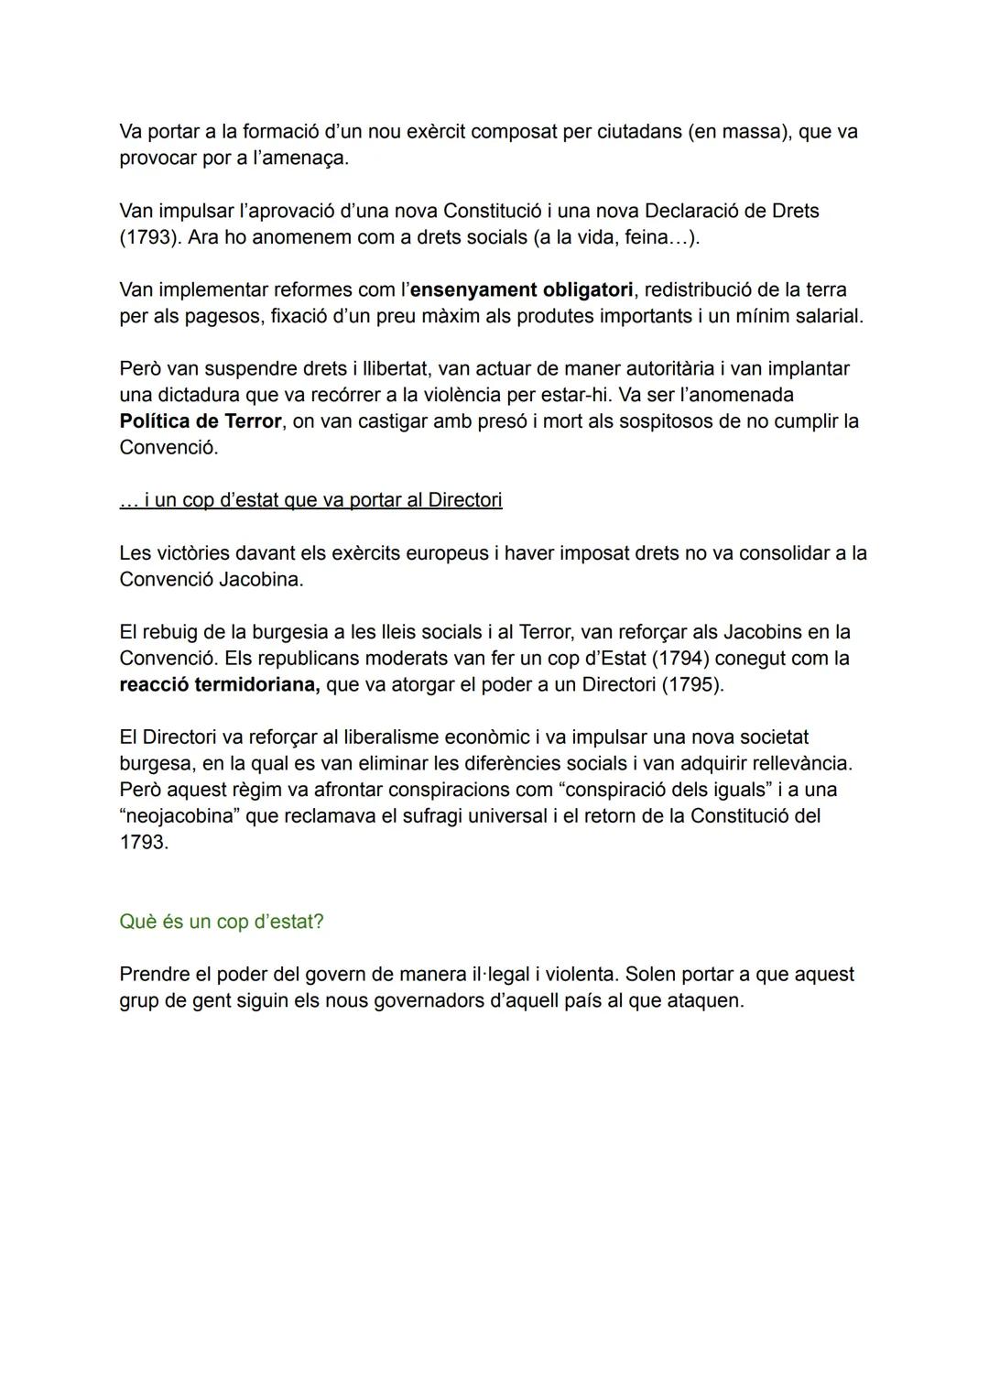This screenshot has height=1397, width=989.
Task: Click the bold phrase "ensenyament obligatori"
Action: click(x=521, y=289)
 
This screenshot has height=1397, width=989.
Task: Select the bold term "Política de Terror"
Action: click(x=200, y=421)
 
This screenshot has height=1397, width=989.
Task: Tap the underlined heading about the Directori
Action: click(x=310, y=500)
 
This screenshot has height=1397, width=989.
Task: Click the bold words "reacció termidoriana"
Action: click(x=219, y=684)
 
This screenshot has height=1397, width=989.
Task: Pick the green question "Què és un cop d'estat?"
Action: click(x=221, y=922)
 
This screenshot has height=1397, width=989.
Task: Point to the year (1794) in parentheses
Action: click(x=679, y=659)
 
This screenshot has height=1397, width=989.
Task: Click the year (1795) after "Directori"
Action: click(x=692, y=684)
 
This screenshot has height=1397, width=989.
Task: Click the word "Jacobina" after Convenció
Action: click(x=261, y=579)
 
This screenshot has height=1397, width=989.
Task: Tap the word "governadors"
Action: click(x=428, y=1000)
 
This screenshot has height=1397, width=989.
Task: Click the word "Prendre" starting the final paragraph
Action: click(x=157, y=974)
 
